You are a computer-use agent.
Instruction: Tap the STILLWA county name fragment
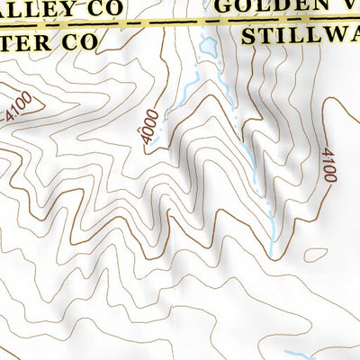coord(301,36)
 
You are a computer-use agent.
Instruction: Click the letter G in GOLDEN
coord(224,4)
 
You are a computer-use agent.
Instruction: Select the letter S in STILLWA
coord(250,36)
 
